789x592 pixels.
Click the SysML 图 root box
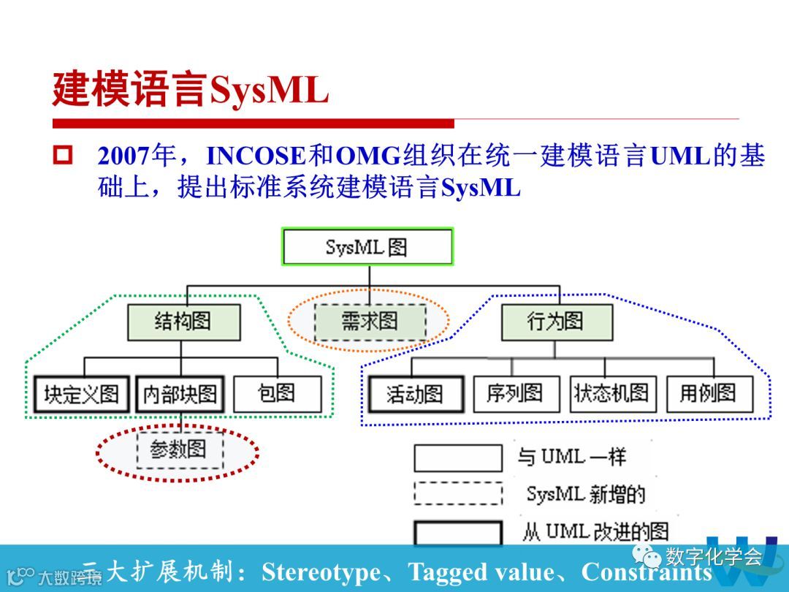(367, 246)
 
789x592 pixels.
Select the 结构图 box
(183, 322)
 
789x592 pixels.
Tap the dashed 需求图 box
(370, 322)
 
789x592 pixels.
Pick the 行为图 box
(555, 322)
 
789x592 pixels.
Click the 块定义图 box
(82, 395)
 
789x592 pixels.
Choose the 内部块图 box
(180, 395)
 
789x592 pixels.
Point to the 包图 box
(277, 394)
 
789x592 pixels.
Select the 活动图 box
(415, 395)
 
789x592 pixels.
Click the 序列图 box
(516, 394)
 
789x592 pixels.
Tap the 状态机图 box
(612, 394)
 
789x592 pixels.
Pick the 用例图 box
(709, 394)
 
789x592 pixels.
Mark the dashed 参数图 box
(179, 449)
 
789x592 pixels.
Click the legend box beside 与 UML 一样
(458, 458)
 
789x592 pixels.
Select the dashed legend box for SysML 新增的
(458, 493)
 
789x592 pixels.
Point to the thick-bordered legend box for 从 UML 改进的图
(458, 532)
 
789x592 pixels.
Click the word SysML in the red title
(269, 91)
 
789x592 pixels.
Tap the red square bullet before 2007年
(64, 156)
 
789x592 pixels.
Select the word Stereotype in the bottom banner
(321, 572)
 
